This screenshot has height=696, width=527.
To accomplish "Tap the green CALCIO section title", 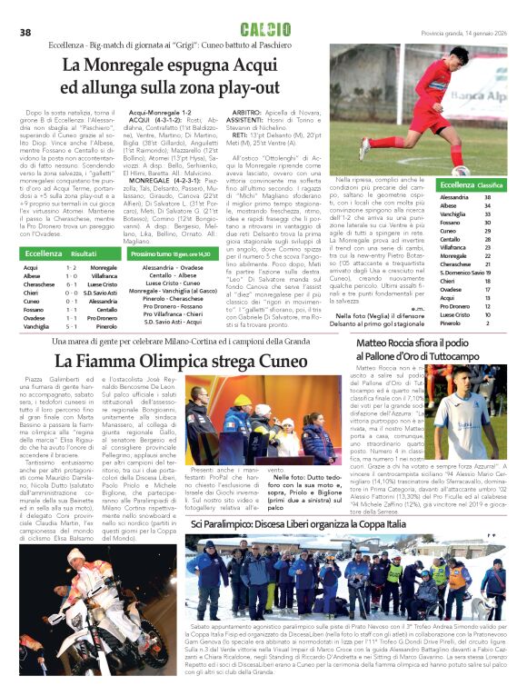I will (265, 31).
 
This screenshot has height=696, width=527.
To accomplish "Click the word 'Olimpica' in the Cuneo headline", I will (171, 361).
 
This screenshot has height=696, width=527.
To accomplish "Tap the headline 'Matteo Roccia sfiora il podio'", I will (423, 344).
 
